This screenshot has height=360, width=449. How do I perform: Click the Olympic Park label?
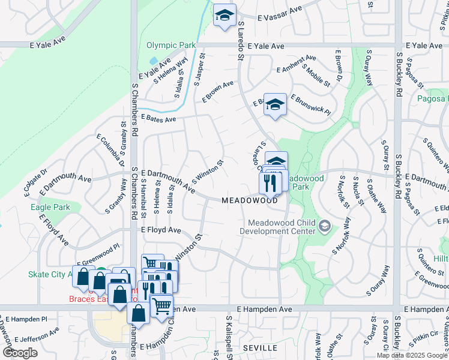click(x=171, y=45)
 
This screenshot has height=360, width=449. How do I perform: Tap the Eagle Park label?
click(x=50, y=208)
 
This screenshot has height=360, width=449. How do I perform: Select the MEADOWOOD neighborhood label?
click(x=250, y=200)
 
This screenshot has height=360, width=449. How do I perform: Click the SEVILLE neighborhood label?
click(x=260, y=348)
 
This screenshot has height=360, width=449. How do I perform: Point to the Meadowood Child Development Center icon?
click(x=325, y=226)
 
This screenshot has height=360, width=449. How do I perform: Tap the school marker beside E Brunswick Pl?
click(x=275, y=104)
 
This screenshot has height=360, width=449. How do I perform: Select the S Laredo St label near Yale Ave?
click(x=240, y=41)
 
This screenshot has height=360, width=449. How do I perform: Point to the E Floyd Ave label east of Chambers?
click(x=161, y=230)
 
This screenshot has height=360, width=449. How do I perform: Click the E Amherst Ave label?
click(x=297, y=64)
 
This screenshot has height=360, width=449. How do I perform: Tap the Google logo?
click(x=20, y=353)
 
